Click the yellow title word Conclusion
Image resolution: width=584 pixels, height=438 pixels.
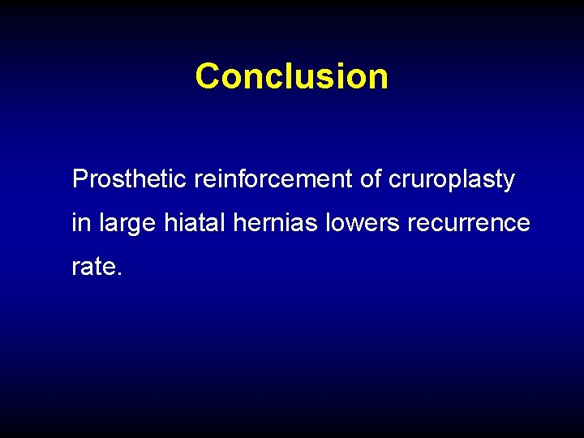(x=291, y=76)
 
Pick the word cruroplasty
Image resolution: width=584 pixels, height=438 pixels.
(x=452, y=180)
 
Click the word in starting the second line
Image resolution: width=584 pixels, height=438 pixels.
(x=81, y=222)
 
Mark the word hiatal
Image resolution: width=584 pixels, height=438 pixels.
(x=195, y=222)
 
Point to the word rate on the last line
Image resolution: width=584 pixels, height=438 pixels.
(x=94, y=267)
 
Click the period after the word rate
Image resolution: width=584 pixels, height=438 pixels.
(x=120, y=273)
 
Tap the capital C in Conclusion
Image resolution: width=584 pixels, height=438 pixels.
(x=208, y=76)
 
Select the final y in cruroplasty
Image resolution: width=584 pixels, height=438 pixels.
(x=509, y=182)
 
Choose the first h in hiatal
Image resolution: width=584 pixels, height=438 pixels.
(x=170, y=222)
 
